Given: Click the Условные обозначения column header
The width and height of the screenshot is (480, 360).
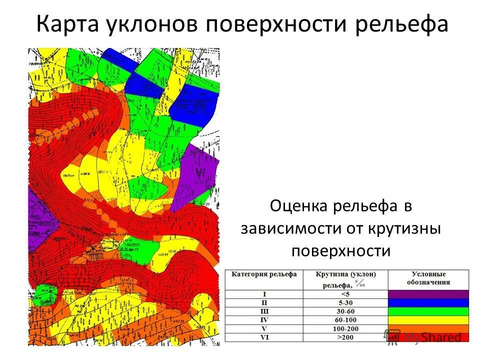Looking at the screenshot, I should point(428,278).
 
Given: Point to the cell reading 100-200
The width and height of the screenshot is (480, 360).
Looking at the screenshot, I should point(345,329).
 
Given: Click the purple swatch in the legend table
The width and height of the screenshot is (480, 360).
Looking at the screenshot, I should point(428,294).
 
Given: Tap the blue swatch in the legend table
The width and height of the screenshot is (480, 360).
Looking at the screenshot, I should point(428,302).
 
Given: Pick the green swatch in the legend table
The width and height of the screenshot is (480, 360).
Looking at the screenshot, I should point(428,311).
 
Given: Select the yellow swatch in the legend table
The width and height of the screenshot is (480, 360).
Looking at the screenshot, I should point(428,320).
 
